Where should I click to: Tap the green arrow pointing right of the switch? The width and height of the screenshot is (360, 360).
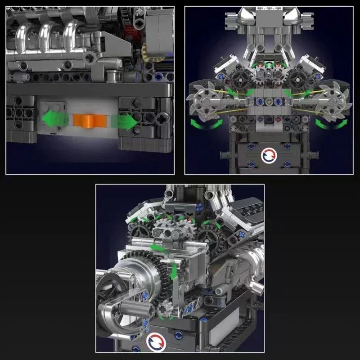click(x=126, y=121)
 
